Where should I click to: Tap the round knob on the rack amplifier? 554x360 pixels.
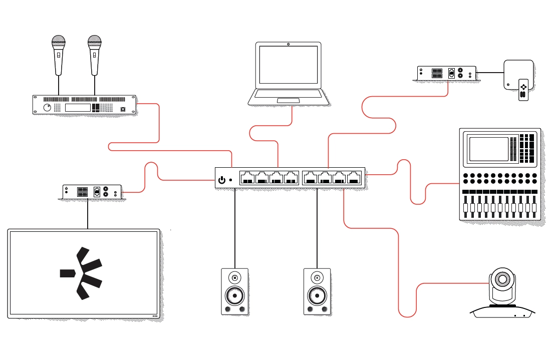[47, 108]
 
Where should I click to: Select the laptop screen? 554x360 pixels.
[289, 65]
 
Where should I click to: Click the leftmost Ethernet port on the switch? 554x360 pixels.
[247, 178]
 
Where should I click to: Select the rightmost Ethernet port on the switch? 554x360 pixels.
[354, 178]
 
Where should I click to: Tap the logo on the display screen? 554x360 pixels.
[82, 273]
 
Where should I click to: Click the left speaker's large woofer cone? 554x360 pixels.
[234, 296]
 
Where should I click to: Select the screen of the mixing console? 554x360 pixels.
[488, 149]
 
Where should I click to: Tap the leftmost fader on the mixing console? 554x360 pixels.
[466, 207]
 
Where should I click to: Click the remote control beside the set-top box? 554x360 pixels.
[523, 90]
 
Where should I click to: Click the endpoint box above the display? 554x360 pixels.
[91, 191]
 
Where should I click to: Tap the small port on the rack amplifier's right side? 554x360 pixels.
[123, 109]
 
